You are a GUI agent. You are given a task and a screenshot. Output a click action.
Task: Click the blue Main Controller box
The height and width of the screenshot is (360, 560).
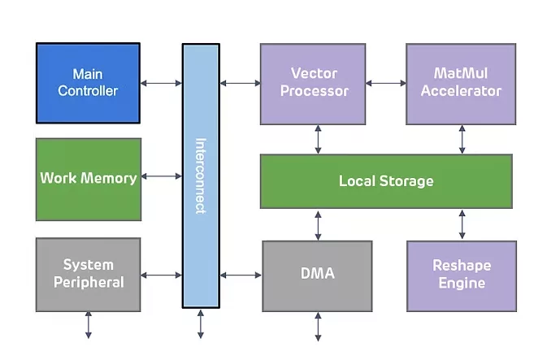(88, 83)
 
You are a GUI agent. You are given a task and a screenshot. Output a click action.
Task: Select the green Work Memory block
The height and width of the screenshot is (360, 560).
(89, 178)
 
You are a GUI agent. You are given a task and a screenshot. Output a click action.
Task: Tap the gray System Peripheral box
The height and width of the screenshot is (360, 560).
(89, 274)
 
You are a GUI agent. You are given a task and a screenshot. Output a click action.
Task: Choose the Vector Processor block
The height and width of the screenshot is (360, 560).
(315, 83)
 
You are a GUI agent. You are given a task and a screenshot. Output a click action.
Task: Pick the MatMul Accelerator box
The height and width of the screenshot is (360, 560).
(461, 83)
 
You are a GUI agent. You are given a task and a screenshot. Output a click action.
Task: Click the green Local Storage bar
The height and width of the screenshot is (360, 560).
(386, 180)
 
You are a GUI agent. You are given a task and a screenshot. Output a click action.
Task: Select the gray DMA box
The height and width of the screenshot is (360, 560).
(317, 274)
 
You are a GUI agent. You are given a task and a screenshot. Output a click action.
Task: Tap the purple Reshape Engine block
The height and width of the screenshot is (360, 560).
(461, 275)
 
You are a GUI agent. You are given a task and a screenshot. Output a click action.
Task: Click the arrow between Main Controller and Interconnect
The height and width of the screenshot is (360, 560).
(161, 83)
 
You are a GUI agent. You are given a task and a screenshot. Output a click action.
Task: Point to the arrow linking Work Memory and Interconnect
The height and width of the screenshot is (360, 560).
(161, 176)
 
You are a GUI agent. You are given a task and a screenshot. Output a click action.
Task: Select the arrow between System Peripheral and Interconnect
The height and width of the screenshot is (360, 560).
(161, 275)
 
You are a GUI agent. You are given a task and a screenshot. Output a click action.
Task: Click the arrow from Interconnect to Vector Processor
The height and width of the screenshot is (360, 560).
(240, 83)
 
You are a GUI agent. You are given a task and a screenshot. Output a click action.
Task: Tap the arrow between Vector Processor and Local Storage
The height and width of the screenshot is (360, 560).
(318, 139)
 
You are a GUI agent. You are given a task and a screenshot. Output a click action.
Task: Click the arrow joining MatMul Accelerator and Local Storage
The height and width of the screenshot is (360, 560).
(462, 139)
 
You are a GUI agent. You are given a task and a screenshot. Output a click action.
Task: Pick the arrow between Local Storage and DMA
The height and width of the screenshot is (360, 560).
(318, 223)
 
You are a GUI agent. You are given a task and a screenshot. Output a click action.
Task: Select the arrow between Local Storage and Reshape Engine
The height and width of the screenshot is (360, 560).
(462, 223)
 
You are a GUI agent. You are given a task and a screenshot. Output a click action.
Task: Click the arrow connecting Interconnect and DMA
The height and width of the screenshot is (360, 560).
(241, 275)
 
